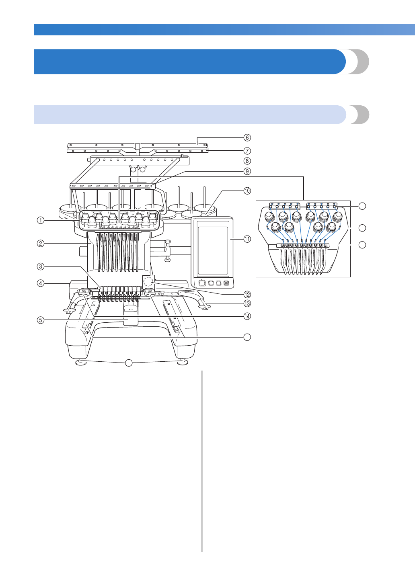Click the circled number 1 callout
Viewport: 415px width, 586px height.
(41, 220)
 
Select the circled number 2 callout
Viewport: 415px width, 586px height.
(41, 243)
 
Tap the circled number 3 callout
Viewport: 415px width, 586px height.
(41, 266)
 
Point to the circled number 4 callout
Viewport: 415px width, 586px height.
(41, 283)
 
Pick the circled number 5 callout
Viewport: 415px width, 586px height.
(41, 320)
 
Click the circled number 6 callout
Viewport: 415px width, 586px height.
(247, 137)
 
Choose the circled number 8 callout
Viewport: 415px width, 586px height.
(247, 161)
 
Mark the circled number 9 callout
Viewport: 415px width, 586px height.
(247, 171)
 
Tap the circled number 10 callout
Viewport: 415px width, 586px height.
(247, 191)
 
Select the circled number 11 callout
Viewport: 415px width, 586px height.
(247, 239)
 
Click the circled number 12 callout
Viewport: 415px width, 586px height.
(247, 295)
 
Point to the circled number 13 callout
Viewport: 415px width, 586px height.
(247, 303)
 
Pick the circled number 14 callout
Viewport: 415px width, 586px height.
(247, 316)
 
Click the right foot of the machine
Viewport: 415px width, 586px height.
(182, 362)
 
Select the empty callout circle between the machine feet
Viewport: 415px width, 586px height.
(128, 363)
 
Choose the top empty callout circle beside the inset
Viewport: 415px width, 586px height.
(362, 206)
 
